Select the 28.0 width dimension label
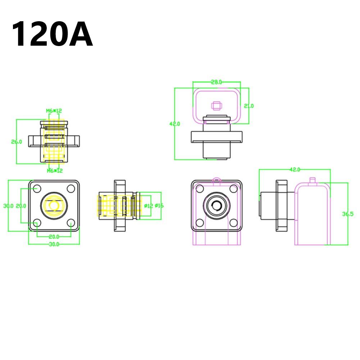click(216, 82)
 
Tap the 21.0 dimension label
click(249, 106)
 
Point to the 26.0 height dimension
click(17, 142)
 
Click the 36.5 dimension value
click(348, 214)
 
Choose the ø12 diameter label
click(149, 206)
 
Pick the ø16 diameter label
click(159, 206)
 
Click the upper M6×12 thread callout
click(54, 111)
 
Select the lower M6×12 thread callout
click(55, 170)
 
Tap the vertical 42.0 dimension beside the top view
click(174, 124)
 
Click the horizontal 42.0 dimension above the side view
click(295, 169)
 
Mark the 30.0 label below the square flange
click(54, 244)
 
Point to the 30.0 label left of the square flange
click(8, 206)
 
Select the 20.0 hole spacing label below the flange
click(54, 236)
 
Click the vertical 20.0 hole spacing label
click(21, 206)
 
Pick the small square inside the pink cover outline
click(216, 105)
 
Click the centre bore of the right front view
click(217, 205)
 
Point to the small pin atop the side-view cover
click(313, 179)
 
